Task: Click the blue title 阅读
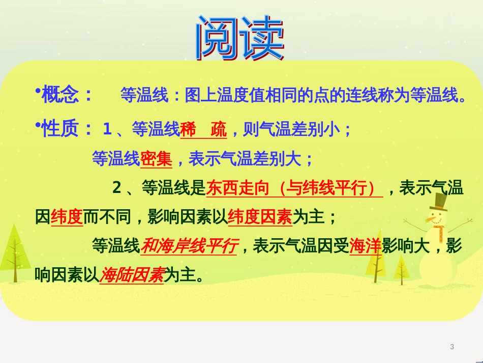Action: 240,38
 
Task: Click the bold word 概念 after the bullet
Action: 60,94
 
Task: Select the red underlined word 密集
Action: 156,159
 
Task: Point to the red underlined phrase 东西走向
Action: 238,187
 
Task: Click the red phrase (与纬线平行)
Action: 326,187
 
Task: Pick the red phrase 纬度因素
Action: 260,216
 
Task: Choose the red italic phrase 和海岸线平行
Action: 189,246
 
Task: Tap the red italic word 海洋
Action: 366,246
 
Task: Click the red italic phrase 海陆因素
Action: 132,274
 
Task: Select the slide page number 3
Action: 452,347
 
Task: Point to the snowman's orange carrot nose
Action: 430,220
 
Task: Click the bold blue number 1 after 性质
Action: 107,128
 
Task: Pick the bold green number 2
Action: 117,187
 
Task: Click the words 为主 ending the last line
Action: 180,274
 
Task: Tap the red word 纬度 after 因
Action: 67,216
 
